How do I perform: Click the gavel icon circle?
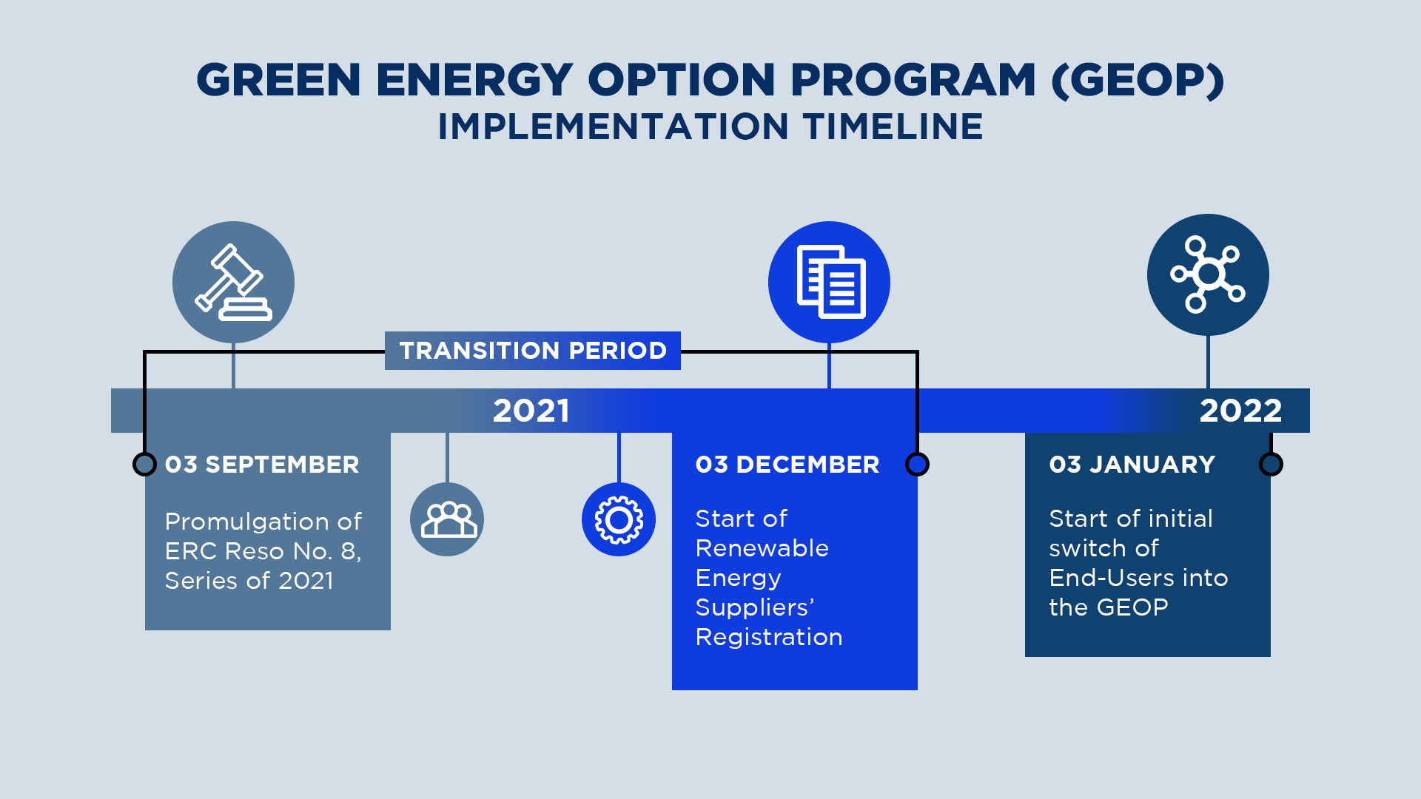tap(233, 282)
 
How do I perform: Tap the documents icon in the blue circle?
tap(829, 282)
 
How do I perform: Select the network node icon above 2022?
tap(1208, 274)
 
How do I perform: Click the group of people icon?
tap(447, 519)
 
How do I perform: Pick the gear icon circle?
tap(619, 519)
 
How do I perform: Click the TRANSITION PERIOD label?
tap(533, 351)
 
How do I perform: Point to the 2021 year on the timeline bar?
tap(531, 411)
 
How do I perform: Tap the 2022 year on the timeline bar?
tap(1240, 411)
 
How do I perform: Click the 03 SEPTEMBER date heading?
tap(262, 465)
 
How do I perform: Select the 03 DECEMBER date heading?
tap(787, 465)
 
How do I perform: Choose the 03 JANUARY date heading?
tap(1132, 465)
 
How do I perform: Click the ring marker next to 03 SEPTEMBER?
tap(144, 465)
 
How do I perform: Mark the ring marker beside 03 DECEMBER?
tap(917, 465)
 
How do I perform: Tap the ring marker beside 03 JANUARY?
tap(1271, 465)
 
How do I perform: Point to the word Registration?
tap(769, 637)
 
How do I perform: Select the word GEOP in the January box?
tap(1132, 607)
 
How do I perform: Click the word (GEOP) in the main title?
tap(1138, 80)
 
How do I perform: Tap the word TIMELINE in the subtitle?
tap(893, 127)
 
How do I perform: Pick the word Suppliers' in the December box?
tap(755, 607)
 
